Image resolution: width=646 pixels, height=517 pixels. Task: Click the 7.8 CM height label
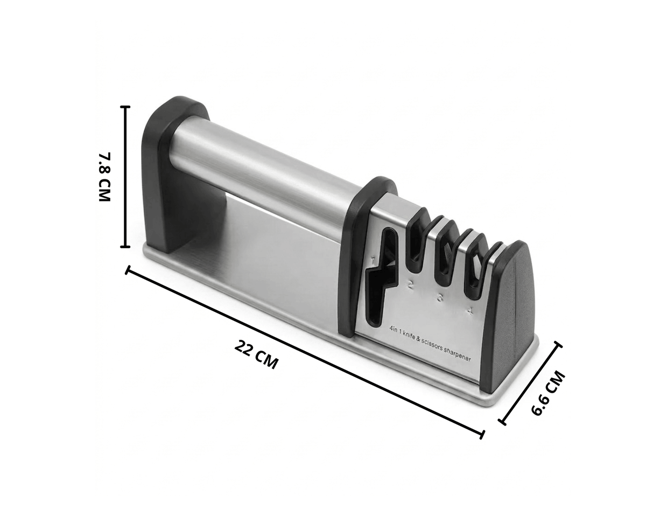[x=104, y=177]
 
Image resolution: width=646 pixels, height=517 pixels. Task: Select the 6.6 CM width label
[x=547, y=394]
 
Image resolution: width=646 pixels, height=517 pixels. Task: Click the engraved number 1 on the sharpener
[x=373, y=260]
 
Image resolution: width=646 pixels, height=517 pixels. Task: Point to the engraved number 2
[x=410, y=285]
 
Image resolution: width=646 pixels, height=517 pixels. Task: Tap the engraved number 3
[x=440, y=298]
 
